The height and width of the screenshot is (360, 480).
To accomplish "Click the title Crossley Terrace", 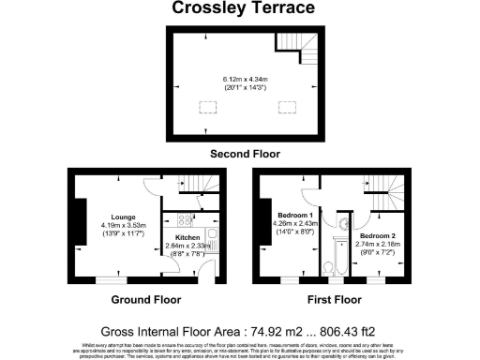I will click(240, 9).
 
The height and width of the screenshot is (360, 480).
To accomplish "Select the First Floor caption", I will click(336, 300).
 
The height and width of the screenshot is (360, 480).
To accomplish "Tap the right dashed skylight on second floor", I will click(282, 104).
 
